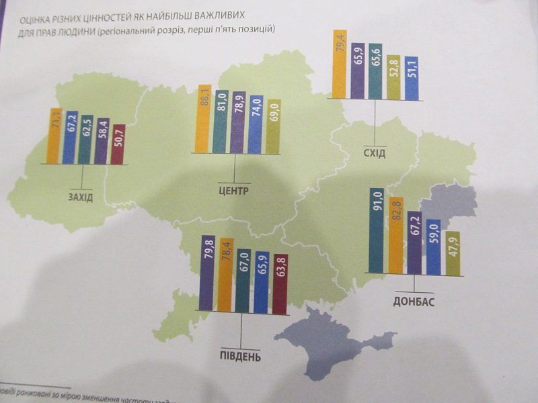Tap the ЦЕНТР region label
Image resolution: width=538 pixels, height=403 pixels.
233,191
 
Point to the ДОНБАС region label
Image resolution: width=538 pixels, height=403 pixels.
414,301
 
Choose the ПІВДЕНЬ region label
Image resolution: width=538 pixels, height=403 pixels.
239,354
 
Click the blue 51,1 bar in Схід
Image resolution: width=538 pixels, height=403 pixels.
411,79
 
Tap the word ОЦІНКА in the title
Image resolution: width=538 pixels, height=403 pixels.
37,19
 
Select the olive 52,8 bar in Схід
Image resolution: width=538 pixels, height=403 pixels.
393,78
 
